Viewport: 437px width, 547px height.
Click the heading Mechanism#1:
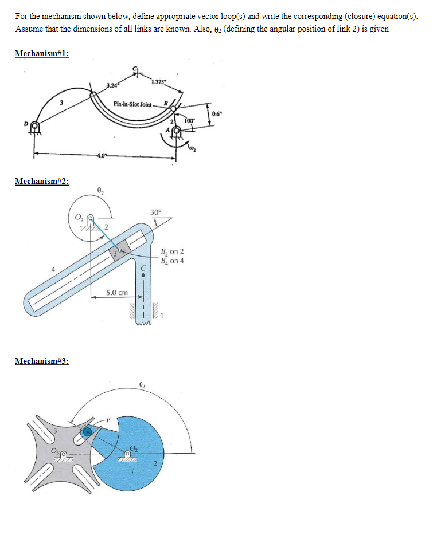(x=42, y=53)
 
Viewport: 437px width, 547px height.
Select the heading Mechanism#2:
(x=42, y=181)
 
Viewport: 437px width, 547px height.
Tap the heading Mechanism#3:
(x=42, y=361)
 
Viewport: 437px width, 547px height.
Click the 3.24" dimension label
(x=112, y=86)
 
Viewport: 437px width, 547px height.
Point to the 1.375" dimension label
(x=159, y=81)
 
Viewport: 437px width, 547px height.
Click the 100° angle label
(x=190, y=121)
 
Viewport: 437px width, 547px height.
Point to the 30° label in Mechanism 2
(x=155, y=212)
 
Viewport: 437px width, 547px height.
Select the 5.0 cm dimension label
(x=116, y=292)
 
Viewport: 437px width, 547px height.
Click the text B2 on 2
(x=173, y=252)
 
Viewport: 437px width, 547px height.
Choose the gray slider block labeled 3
(x=119, y=252)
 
